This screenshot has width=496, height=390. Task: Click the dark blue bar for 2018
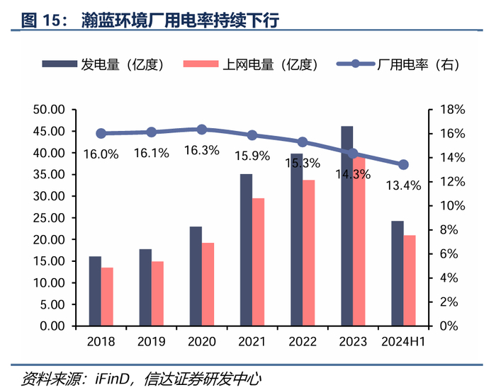coord(95,291)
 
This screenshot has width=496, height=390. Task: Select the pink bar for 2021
coord(259,262)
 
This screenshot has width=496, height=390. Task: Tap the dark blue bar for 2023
coord(346,226)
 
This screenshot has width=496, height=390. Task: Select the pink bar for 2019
coord(157,294)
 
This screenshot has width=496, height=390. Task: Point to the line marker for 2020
coord(202,130)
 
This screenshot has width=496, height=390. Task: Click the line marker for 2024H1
coord(403,164)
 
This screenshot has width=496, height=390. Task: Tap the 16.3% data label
coord(202,150)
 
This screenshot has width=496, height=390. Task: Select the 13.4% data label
coord(403,185)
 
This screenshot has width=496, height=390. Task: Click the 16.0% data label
coord(101,154)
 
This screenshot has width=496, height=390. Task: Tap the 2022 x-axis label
coord(303,341)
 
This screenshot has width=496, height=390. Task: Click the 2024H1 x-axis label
coord(403,341)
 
